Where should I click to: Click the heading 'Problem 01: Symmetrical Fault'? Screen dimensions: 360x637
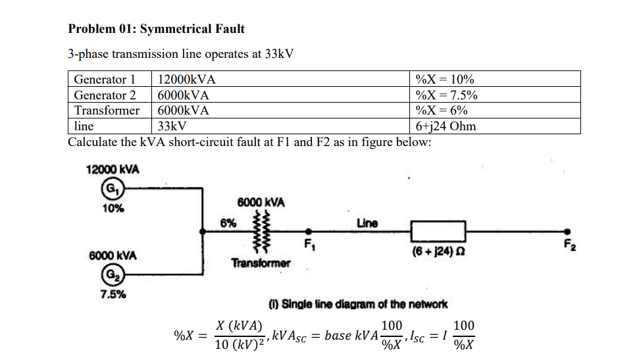tap(157, 29)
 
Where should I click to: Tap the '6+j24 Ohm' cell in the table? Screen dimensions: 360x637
tap(446, 126)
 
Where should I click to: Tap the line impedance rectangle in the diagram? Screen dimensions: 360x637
tap(438, 231)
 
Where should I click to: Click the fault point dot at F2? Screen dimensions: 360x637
tap(568, 231)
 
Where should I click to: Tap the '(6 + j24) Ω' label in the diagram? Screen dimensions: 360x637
tap(438, 251)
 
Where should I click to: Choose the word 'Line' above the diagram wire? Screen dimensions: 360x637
tap(367, 222)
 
